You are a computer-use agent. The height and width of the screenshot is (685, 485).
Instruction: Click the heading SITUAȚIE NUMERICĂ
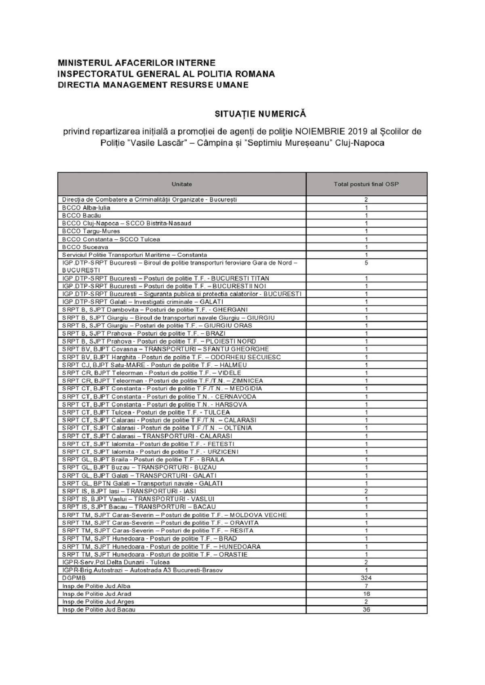point(260,114)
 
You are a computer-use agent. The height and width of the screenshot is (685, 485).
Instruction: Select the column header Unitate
point(181,184)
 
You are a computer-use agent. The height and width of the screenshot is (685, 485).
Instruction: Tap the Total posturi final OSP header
point(366,184)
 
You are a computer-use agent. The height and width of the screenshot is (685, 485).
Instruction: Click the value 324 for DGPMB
point(366,578)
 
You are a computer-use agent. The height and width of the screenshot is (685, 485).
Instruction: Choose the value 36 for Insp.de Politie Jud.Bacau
point(366,610)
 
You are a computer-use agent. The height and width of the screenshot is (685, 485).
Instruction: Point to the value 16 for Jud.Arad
point(366,594)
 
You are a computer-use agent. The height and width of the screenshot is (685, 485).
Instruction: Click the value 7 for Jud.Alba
point(366,586)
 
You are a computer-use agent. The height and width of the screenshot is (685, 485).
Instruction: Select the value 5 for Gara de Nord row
point(366,263)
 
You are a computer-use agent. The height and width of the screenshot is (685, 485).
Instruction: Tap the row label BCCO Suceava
point(85,247)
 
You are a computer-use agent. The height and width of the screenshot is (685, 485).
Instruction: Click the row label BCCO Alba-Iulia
point(86,207)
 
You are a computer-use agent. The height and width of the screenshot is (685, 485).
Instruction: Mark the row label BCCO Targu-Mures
point(91,231)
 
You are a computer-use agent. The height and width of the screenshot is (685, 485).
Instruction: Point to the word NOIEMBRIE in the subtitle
point(319,132)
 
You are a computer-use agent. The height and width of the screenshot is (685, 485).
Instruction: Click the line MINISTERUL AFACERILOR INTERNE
point(137,63)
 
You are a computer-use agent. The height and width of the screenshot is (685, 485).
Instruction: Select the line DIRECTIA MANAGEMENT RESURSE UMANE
point(153,85)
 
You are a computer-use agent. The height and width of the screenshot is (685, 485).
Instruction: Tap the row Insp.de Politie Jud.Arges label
point(98,601)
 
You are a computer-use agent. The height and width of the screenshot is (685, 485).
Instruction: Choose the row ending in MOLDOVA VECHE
point(175,515)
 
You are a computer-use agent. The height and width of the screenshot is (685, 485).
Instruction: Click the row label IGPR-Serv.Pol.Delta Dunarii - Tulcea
point(116,562)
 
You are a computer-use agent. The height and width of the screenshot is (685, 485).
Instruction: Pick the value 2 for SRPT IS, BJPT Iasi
point(366,491)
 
